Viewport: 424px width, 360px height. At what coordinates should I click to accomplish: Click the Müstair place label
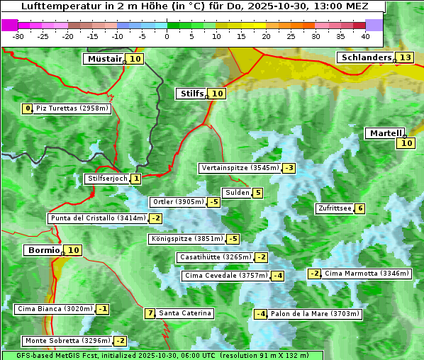tap(104, 59)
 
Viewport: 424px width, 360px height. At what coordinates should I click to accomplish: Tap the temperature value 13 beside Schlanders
tap(405, 57)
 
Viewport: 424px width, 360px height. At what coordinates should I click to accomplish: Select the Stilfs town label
tap(191, 94)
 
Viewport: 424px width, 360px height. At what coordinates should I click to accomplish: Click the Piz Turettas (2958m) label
tap(72, 108)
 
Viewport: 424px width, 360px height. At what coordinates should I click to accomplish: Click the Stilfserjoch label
tap(107, 179)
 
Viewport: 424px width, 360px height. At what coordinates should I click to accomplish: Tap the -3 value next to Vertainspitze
tap(289, 168)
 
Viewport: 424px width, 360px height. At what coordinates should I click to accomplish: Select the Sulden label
tap(237, 193)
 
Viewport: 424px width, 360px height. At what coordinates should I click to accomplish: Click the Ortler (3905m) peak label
tap(178, 202)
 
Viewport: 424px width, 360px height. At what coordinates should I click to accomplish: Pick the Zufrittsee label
tap(334, 208)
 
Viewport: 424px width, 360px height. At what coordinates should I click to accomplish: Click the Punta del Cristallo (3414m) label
tap(97, 218)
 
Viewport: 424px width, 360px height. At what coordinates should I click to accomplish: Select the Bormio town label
tap(43, 250)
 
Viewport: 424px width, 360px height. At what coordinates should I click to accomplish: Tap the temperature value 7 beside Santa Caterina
tap(150, 313)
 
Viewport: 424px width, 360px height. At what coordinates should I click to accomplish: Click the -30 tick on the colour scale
tap(19, 35)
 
